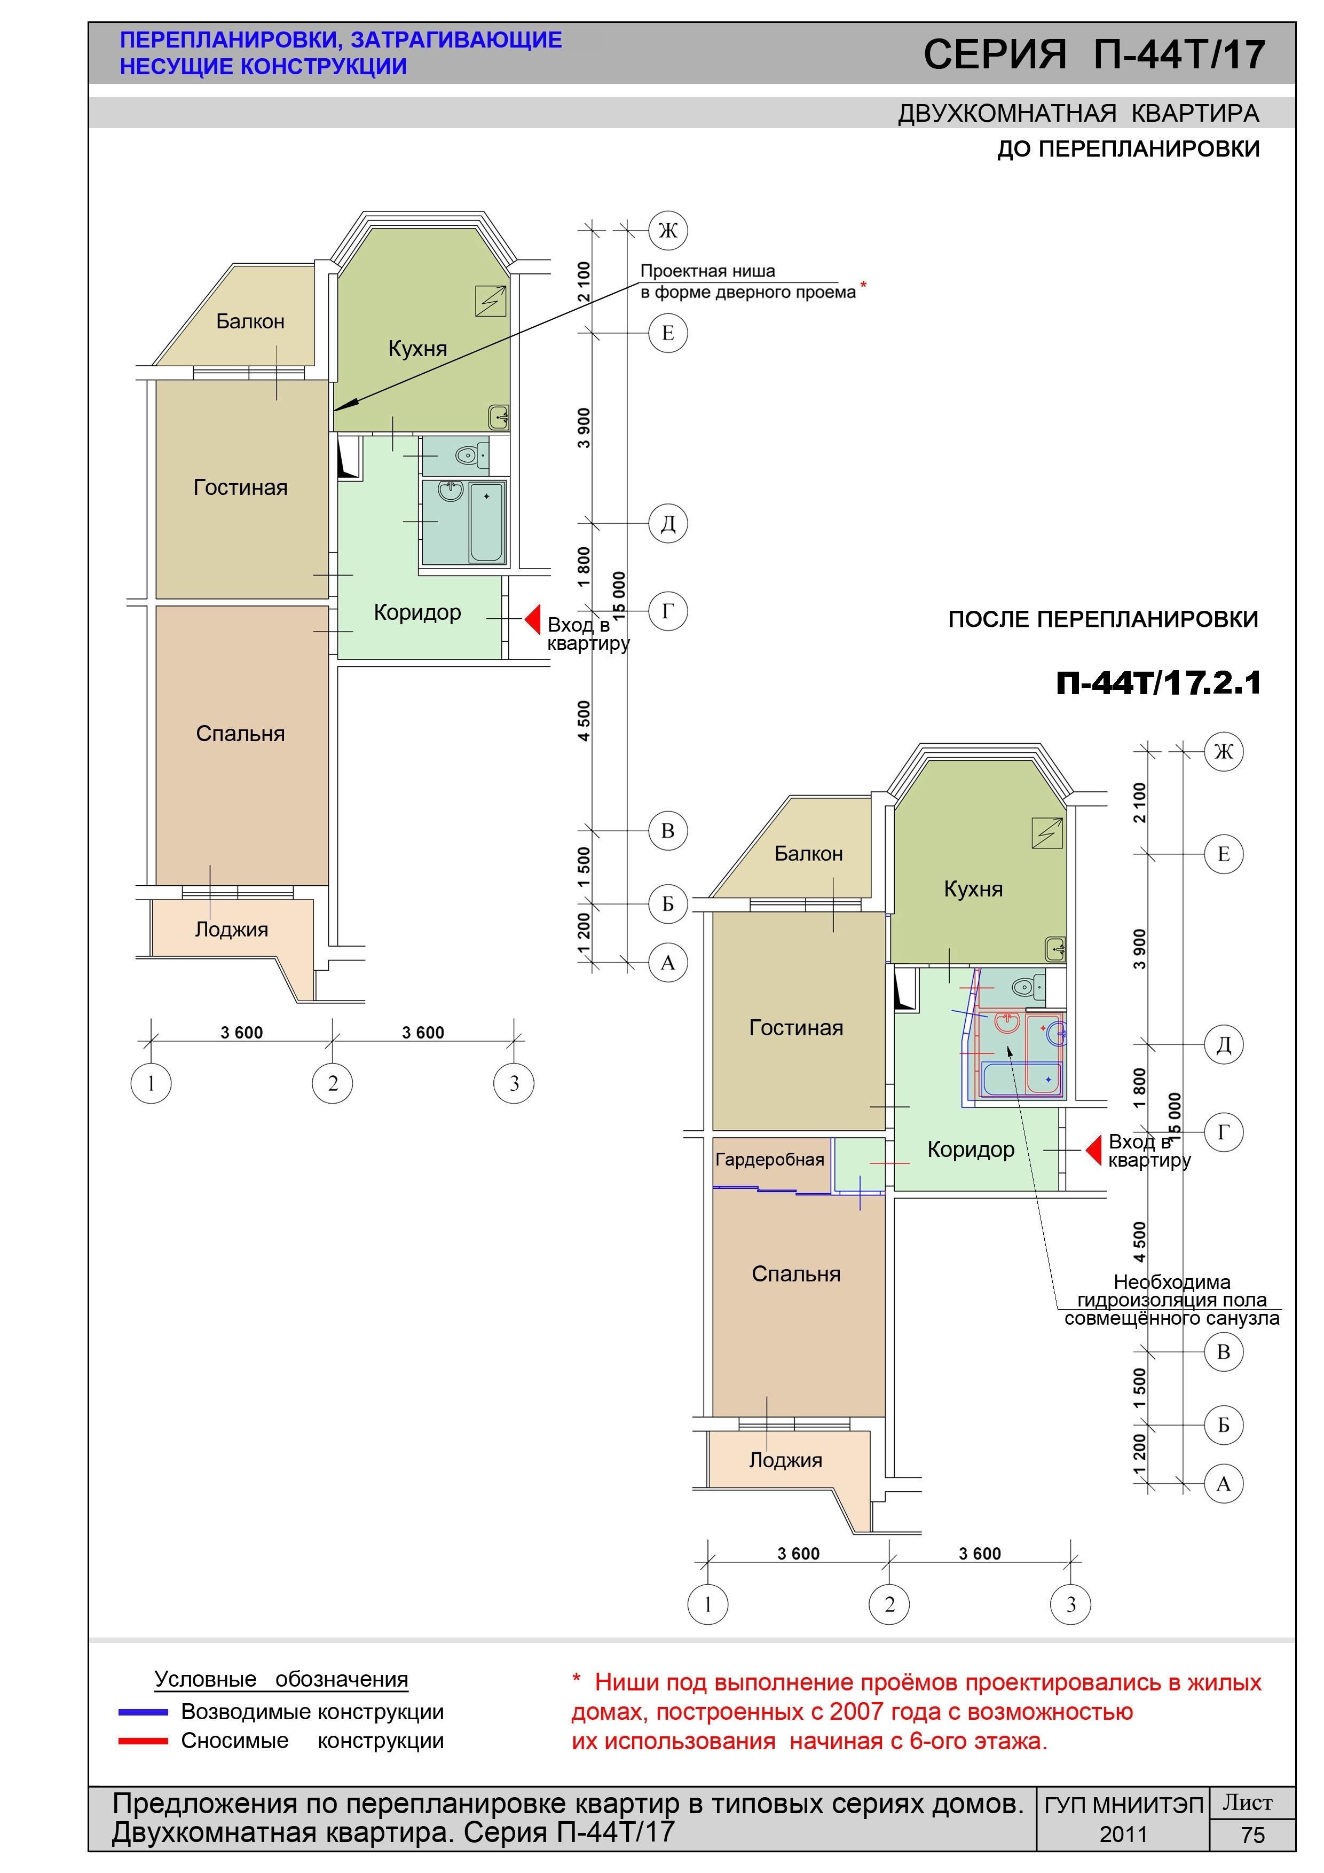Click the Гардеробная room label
click(x=769, y=1159)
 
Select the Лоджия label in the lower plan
click(x=785, y=1459)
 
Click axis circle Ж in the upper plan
click(x=668, y=230)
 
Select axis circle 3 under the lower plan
click(x=1071, y=1604)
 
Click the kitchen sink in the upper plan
click(x=499, y=418)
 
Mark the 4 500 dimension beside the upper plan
click(x=584, y=721)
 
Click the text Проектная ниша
click(x=707, y=271)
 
